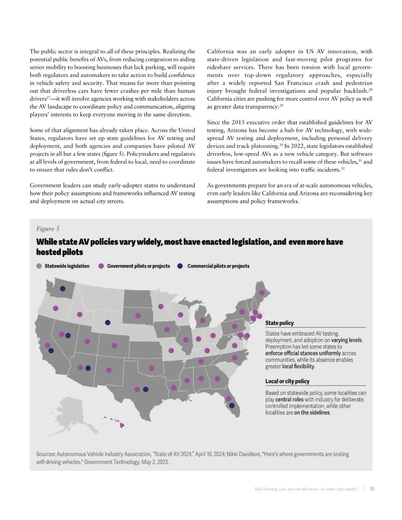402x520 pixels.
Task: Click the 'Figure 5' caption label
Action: point(48,229)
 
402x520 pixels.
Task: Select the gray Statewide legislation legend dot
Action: point(39,266)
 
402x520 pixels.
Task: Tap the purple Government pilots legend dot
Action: point(101,266)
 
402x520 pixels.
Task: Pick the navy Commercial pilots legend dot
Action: point(180,266)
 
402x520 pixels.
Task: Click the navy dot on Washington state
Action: point(63,288)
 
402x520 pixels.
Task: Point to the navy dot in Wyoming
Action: point(108,322)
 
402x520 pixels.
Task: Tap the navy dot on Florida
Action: point(232,405)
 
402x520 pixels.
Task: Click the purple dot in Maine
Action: point(262,292)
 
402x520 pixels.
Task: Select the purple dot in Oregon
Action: point(56,308)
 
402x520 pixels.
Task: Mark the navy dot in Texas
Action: point(146,389)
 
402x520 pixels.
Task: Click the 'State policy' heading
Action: point(279,323)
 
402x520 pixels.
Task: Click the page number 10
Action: point(372,489)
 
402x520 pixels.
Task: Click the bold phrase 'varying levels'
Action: point(347,340)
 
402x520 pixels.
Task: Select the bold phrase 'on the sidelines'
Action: point(312,412)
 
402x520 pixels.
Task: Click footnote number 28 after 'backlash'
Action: point(370,90)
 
